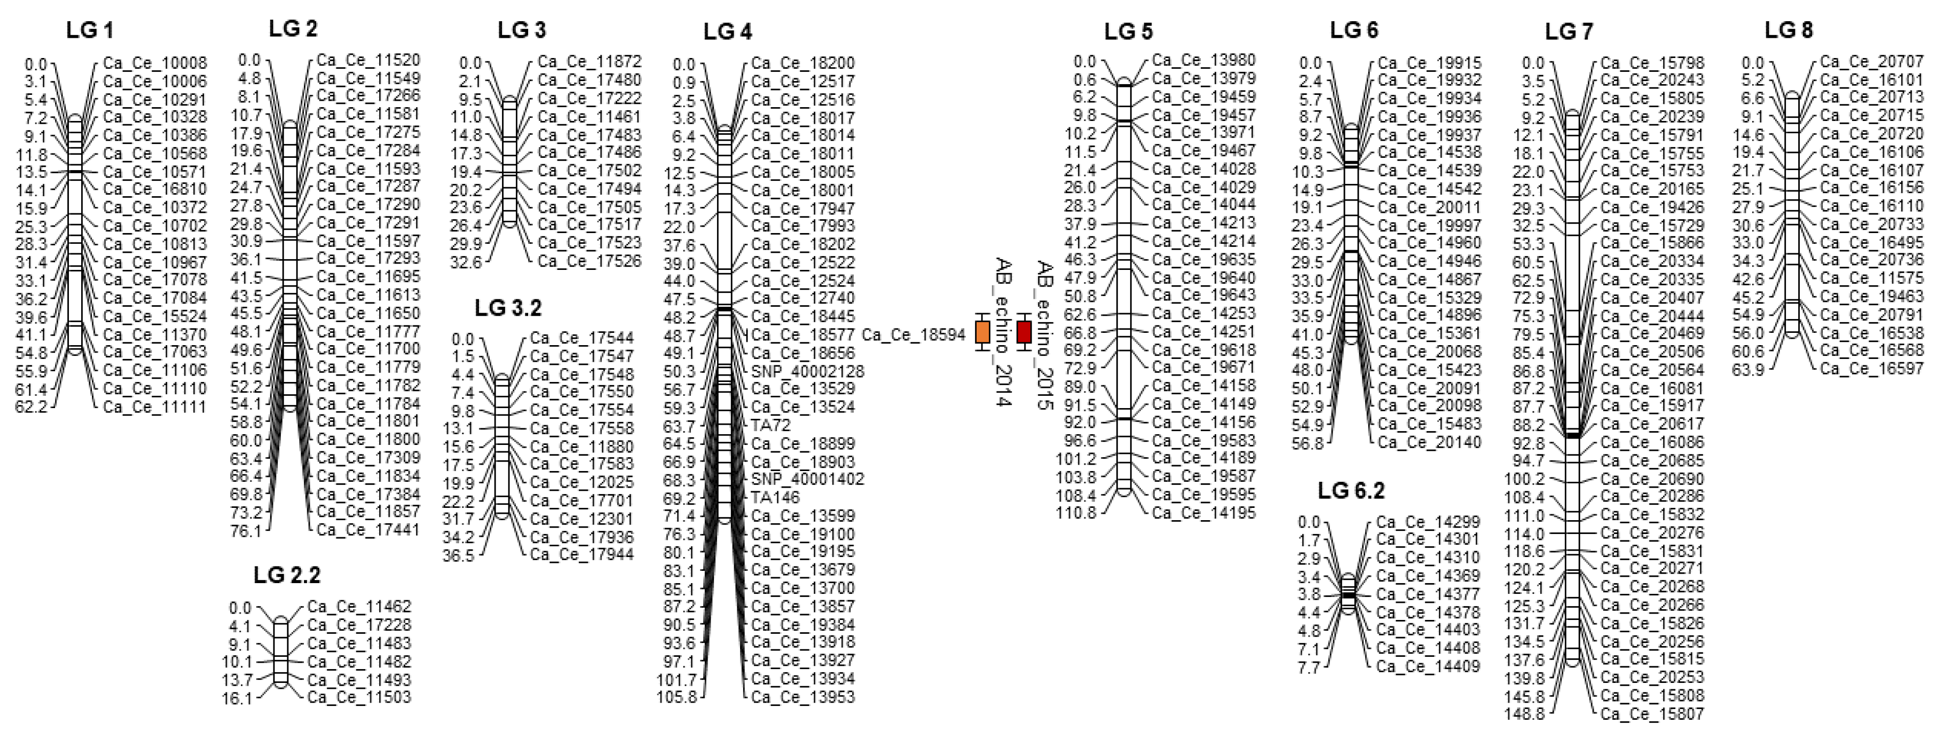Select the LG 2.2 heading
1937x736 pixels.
pyautogui.click(x=287, y=575)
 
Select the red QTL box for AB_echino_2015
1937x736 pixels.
pyautogui.click(x=1023, y=331)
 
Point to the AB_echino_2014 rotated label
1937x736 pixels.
pyautogui.click(x=1002, y=331)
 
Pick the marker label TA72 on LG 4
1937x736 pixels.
pyautogui.click(x=771, y=425)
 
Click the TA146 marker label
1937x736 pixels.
pyautogui.click(x=775, y=498)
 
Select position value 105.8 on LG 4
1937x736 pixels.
pyautogui.click(x=676, y=697)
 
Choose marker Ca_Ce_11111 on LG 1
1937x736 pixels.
pyautogui.click(x=154, y=407)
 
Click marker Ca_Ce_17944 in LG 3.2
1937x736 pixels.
pyautogui.click(x=581, y=555)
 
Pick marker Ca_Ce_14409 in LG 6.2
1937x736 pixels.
pyautogui.click(x=1428, y=667)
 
